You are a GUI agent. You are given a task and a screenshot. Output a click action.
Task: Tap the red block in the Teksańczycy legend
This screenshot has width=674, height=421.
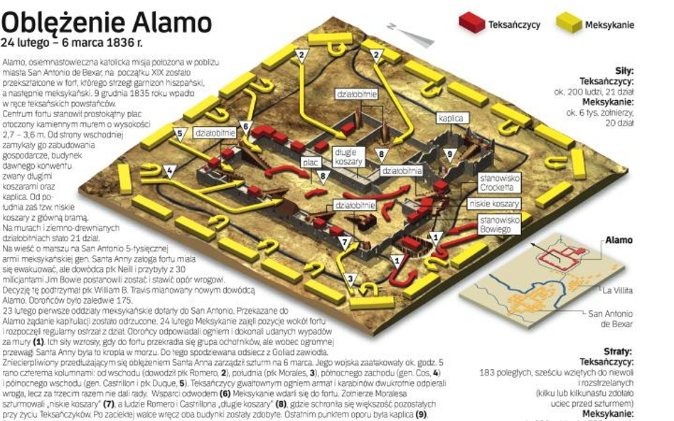coord(470,23)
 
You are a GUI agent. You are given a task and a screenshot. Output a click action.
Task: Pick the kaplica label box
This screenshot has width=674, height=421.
coord(451,119)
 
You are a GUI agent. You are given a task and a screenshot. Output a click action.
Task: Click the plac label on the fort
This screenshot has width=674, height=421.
coord(309,162)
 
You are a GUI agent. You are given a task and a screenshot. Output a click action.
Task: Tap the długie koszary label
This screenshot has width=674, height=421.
coord(349,157)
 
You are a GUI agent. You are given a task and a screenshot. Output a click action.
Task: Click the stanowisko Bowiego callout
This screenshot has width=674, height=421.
coord(498,224)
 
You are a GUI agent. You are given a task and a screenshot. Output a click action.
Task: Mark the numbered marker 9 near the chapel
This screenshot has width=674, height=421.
coord(449,154)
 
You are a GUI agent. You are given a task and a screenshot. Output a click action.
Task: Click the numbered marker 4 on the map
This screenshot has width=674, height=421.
coord(168,170)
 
